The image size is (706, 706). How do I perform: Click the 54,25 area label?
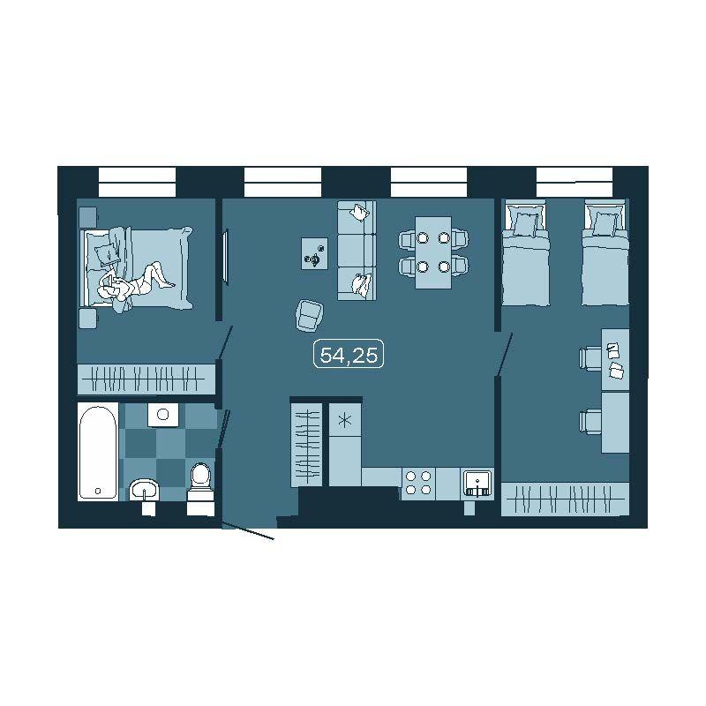[x=349, y=355]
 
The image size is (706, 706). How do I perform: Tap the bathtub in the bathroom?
[x=98, y=452]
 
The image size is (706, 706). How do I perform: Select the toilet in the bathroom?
[x=201, y=489]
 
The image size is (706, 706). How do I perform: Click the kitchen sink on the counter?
[x=477, y=484]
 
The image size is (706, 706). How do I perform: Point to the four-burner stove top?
[x=418, y=483]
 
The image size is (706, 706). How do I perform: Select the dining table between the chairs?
[x=433, y=252]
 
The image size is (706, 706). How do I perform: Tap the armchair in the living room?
[x=310, y=316]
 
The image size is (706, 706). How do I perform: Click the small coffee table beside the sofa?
[x=315, y=253]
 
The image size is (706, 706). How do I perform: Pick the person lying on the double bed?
[x=134, y=282]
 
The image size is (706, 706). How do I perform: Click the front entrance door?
[x=248, y=531]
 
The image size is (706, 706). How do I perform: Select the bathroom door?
[x=224, y=428]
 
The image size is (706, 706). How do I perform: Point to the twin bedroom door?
[x=504, y=354]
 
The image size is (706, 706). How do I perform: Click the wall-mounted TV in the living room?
[x=227, y=257]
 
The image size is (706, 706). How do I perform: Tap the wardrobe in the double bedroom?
[x=146, y=379]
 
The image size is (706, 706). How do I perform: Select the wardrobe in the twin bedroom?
[x=565, y=499]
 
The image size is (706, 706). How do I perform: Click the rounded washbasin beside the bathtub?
[x=144, y=490]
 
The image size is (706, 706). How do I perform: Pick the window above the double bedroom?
[x=137, y=182]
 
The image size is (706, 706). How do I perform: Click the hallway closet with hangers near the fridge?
[x=306, y=445]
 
